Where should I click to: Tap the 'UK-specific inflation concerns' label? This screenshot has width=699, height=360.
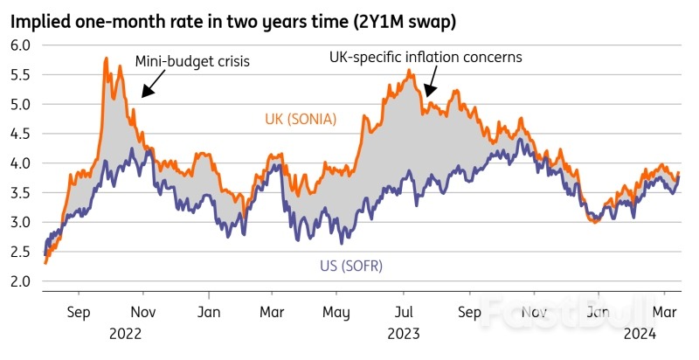(x=425, y=57)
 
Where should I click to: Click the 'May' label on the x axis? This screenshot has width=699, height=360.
(x=336, y=311)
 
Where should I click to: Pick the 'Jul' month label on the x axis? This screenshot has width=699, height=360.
(x=403, y=311)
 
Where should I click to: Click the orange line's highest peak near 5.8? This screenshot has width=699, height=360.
(x=106, y=59)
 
